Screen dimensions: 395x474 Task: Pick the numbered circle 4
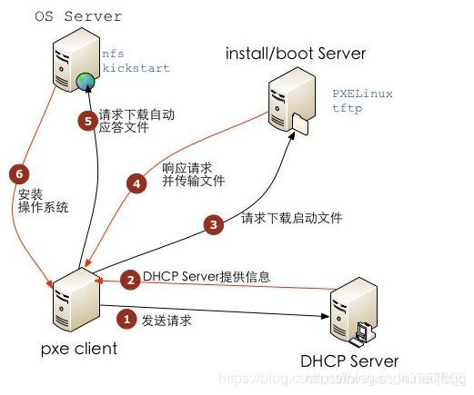click(x=137, y=184)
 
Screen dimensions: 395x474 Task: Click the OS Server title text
click(x=79, y=16)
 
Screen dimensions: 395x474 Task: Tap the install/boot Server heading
click(x=296, y=54)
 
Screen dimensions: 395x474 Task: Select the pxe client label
click(x=79, y=348)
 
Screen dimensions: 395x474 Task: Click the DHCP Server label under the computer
click(x=348, y=361)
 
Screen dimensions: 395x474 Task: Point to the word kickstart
click(x=136, y=68)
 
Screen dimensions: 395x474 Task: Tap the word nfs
click(x=113, y=54)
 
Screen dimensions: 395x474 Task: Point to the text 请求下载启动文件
click(x=285, y=219)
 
